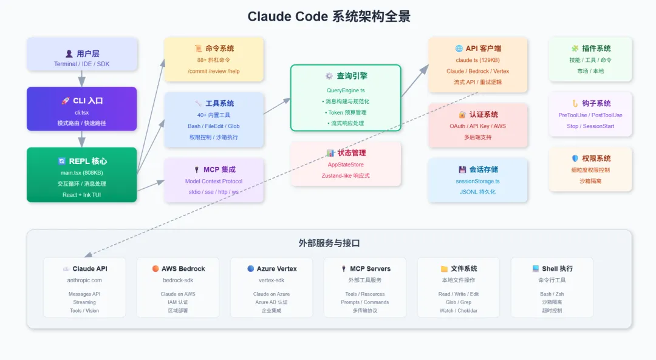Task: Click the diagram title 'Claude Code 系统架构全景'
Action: tap(329, 16)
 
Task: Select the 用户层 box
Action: tap(82, 55)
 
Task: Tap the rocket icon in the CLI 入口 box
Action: tap(65, 101)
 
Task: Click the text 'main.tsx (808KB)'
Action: tap(82, 173)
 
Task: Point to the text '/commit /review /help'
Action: tap(214, 71)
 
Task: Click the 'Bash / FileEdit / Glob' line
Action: tap(214, 126)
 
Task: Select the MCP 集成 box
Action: tap(214, 180)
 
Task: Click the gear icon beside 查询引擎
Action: tap(329, 76)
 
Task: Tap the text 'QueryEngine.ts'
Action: tap(346, 90)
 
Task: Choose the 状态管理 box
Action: tap(346, 164)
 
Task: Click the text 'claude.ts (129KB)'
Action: tap(478, 60)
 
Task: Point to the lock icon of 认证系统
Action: tap(462, 114)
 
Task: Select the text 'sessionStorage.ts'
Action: tap(478, 181)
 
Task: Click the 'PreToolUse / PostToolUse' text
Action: tap(590, 115)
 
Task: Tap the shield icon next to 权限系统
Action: tap(575, 158)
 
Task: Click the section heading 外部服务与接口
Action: tap(329, 243)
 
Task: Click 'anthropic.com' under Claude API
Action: tap(84, 280)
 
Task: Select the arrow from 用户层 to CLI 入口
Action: tap(82, 79)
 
